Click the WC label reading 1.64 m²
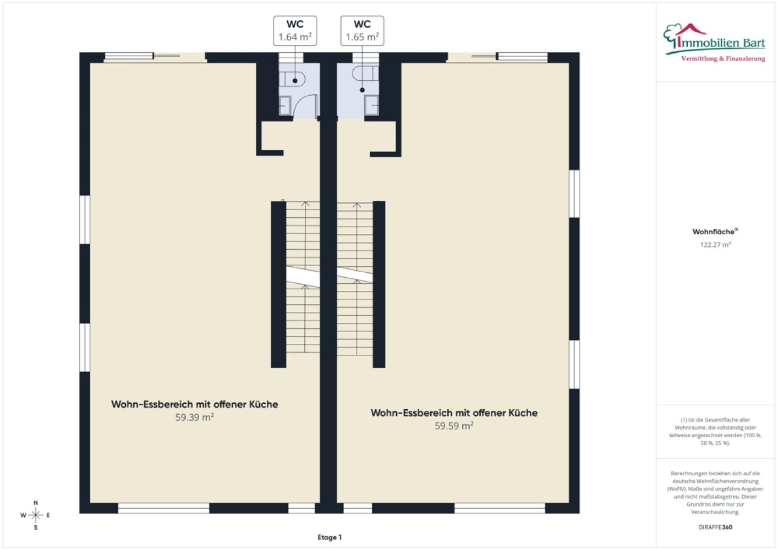point(295,31)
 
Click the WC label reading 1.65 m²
point(362,31)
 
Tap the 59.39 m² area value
point(195,417)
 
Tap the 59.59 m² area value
point(454,426)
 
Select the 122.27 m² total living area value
point(715,245)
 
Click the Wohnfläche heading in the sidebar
point(715,232)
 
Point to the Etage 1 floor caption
point(330,537)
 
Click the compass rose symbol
point(35,515)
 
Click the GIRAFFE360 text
point(715,527)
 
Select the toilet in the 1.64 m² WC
point(292,80)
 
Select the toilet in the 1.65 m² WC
point(365,73)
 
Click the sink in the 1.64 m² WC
point(285,106)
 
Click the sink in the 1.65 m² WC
point(371,105)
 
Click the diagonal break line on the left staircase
point(303,277)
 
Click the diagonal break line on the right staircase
point(355,274)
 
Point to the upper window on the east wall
point(574,194)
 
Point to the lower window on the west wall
point(85,348)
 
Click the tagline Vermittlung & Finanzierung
point(723,59)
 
